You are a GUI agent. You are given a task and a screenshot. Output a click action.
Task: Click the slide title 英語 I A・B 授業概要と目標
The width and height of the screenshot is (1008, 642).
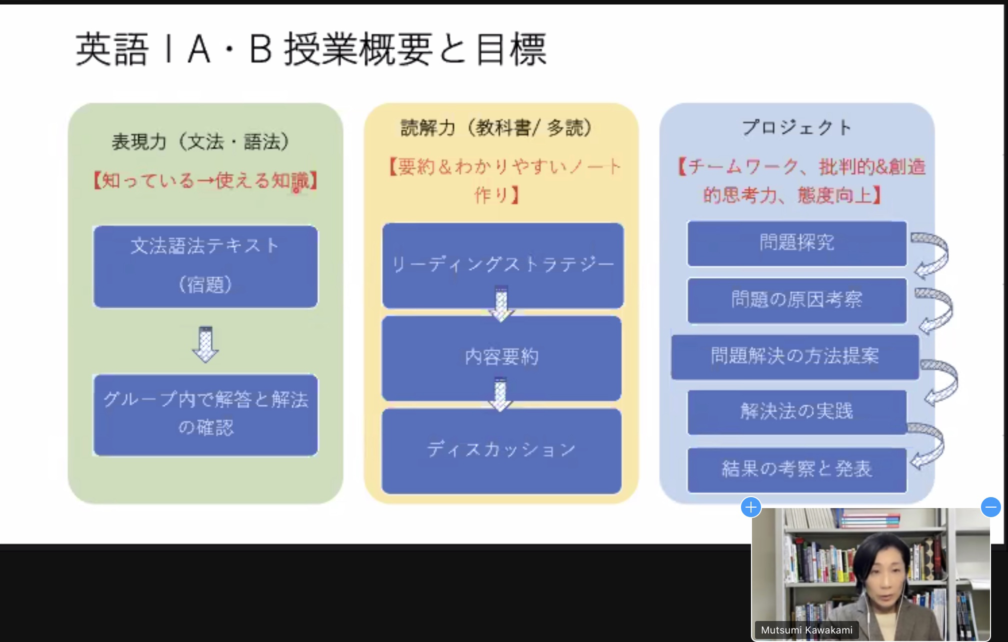[x=311, y=49]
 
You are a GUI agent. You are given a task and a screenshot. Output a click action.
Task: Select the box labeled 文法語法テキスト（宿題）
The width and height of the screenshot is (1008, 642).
[x=205, y=266]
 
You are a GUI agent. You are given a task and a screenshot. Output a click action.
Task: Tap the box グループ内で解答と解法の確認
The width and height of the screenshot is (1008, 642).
[x=205, y=415]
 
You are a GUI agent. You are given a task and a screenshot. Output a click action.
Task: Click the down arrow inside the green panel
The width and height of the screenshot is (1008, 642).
[x=205, y=344]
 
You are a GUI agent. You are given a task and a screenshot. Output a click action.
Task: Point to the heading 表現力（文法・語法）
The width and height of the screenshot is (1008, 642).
[x=201, y=142]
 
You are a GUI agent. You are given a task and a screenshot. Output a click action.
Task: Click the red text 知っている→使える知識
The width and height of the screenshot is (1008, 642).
[x=205, y=180]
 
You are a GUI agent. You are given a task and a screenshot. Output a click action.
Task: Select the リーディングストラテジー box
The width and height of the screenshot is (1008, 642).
[x=502, y=265]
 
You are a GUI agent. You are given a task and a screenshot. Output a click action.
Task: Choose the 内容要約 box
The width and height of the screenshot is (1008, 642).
[x=501, y=358]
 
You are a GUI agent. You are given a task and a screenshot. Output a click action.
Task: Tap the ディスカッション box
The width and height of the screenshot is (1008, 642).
[x=501, y=451]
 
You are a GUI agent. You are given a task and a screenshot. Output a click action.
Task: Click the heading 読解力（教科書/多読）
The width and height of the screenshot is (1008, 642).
[x=496, y=128]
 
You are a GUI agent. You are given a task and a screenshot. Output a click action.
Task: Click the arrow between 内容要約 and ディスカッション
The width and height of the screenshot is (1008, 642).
[x=500, y=395]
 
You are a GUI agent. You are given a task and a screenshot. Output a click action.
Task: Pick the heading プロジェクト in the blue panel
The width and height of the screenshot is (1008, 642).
[x=796, y=127]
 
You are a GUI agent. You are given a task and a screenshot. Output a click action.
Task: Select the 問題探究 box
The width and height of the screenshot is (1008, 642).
[x=797, y=243]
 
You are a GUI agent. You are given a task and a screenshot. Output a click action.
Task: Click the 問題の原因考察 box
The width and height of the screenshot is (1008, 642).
[x=797, y=300]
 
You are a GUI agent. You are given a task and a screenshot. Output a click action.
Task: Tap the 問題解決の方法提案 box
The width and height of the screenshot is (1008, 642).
[x=795, y=357]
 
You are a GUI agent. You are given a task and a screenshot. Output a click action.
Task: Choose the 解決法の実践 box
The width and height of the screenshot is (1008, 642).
[x=797, y=412]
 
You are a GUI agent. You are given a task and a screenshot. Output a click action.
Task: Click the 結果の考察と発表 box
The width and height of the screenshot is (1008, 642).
[x=797, y=470]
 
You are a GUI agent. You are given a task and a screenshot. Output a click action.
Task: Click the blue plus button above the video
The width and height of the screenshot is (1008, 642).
[x=750, y=508]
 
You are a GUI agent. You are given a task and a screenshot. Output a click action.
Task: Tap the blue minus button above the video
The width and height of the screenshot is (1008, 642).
[x=990, y=508]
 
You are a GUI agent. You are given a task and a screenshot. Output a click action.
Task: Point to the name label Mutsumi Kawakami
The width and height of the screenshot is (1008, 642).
[x=806, y=630]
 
